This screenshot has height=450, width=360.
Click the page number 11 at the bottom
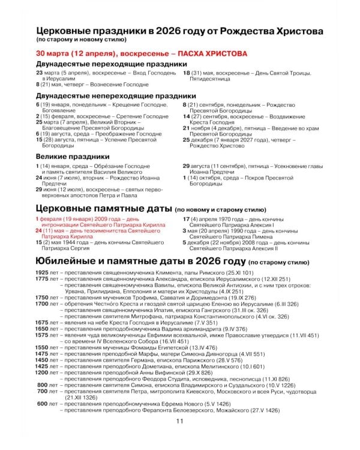(x=179, y=438)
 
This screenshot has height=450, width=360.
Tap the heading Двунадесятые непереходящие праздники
(x=116, y=95)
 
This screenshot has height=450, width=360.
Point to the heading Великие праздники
(x=72, y=156)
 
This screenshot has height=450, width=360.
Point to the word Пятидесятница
(x=211, y=79)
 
